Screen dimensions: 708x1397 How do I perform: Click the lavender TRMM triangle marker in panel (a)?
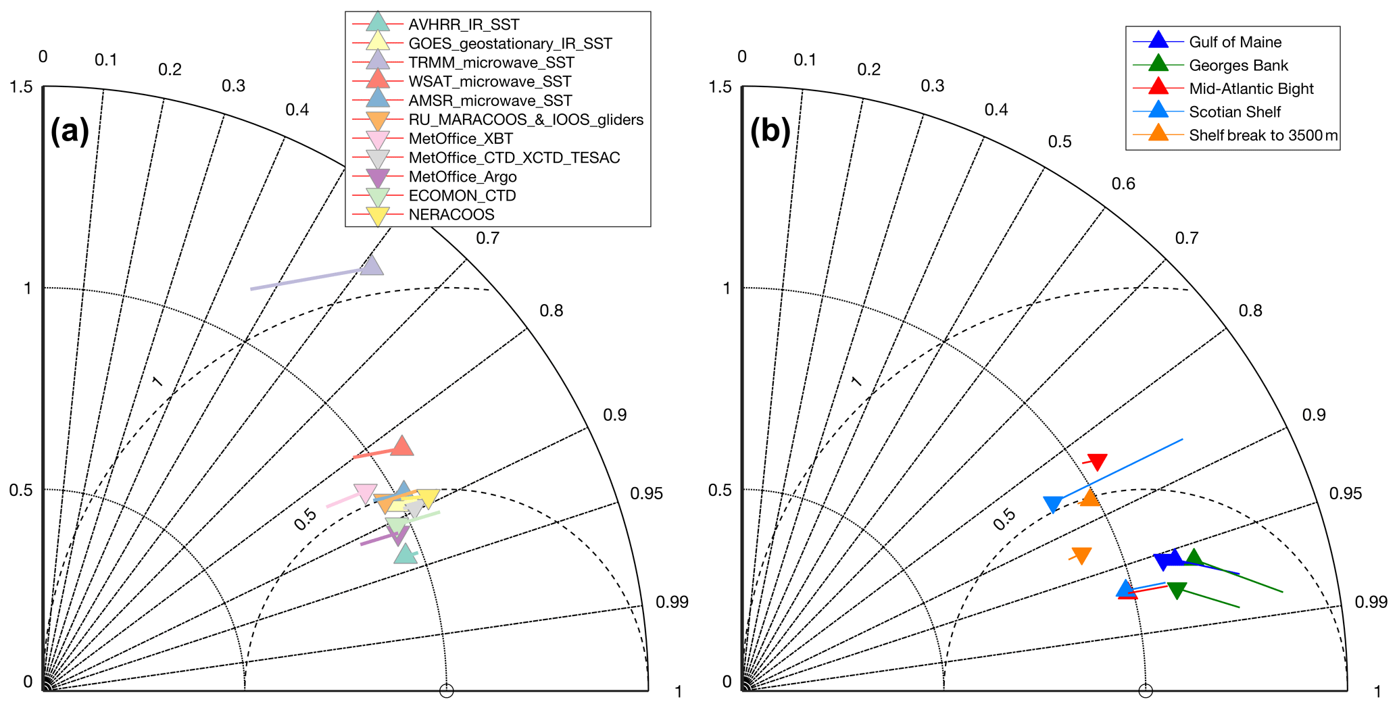point(372,265)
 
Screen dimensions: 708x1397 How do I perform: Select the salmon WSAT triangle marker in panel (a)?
point(402,446)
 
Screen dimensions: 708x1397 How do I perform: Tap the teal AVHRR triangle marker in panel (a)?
point(406,554)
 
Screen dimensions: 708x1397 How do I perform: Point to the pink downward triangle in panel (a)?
point(365,493)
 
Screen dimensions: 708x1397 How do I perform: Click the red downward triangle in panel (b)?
point(1097,462)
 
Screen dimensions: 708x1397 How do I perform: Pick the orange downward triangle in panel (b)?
point(1081,555)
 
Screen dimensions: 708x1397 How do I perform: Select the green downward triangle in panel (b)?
point(1177,590)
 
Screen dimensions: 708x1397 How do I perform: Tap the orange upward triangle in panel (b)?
point(1089,499)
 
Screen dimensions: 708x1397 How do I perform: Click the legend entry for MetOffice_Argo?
point(462,177)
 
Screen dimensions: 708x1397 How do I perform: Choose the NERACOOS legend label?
point(451,215)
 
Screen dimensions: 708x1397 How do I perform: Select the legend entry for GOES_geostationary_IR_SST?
point(510,44)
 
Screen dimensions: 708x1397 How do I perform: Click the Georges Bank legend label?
point(1238,66)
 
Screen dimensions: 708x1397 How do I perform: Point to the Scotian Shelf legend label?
point(1235,112)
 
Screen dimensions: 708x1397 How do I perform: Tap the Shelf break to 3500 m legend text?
point(1263,135)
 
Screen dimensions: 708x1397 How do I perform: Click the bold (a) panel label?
point(70,130)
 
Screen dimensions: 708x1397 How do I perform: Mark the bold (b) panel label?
point(770,130)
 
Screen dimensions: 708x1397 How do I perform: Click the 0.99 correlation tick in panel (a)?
point(672,602)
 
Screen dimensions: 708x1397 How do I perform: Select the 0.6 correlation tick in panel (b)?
point(1123,184)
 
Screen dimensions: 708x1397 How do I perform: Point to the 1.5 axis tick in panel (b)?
point(720,87)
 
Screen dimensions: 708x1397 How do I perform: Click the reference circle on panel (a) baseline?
point(446,690)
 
